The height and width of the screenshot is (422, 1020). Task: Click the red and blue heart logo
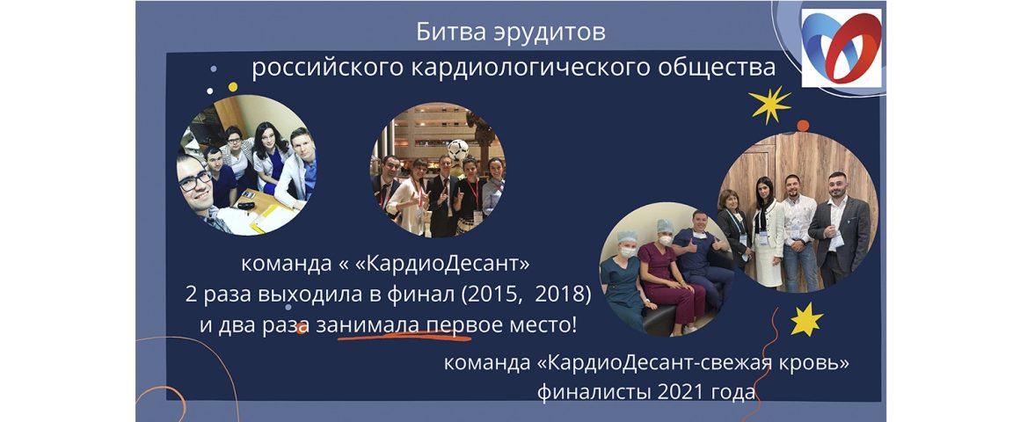click(841, 48)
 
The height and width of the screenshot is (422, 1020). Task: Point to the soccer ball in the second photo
click(458, 150)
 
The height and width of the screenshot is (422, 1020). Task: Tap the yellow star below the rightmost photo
click(806, 319)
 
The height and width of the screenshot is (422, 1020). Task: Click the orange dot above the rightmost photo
click(803, 126)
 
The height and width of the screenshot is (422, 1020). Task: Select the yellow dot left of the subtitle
click(232, 86)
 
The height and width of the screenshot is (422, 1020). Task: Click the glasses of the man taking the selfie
click(195, 180)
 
